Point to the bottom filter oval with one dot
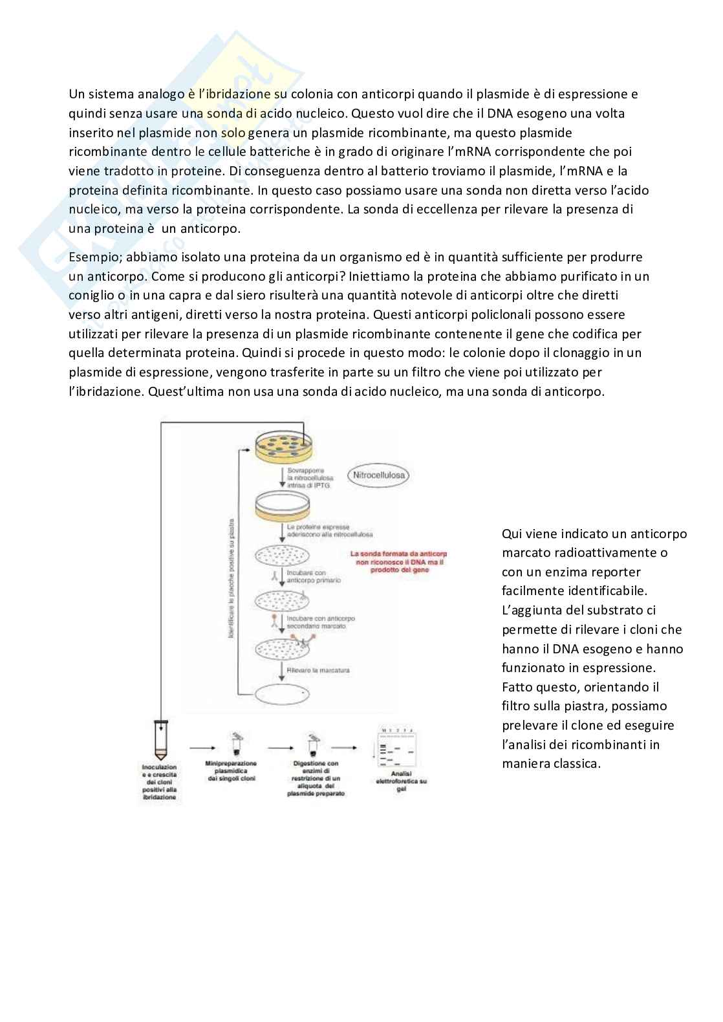click(283, 693)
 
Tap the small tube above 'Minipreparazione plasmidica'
click(237, 744)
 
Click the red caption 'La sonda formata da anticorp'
click(398, 554)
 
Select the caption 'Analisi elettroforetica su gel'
click(401, 781)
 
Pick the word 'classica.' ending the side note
click(574, 763)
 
